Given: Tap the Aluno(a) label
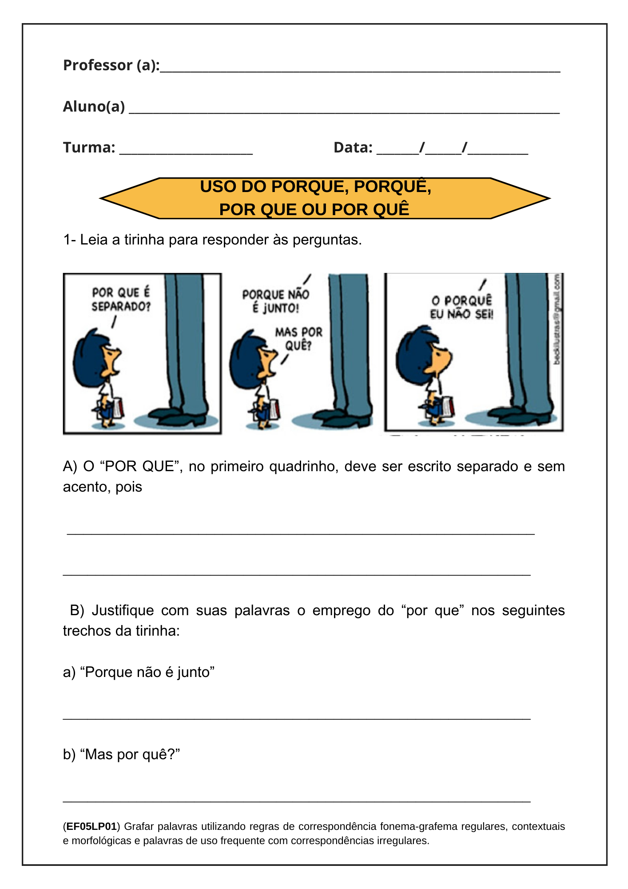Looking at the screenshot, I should click(94, 107).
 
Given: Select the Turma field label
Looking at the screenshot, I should click(89, 148).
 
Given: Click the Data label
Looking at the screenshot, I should click(353, 148).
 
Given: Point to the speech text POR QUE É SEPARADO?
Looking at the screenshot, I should click(121, 300).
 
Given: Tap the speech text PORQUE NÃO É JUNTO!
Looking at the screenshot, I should click(275, 301).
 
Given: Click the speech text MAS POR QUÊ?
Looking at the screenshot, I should click(298, 339).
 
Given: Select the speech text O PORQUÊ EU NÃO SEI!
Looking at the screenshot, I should click(461, 307).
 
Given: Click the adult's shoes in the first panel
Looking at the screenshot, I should click(178, 416).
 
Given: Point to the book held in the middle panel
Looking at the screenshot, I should click(274, 409).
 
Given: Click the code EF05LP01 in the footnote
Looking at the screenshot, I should click(91, 827).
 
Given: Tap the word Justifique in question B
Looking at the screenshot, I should click(123, 610).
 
